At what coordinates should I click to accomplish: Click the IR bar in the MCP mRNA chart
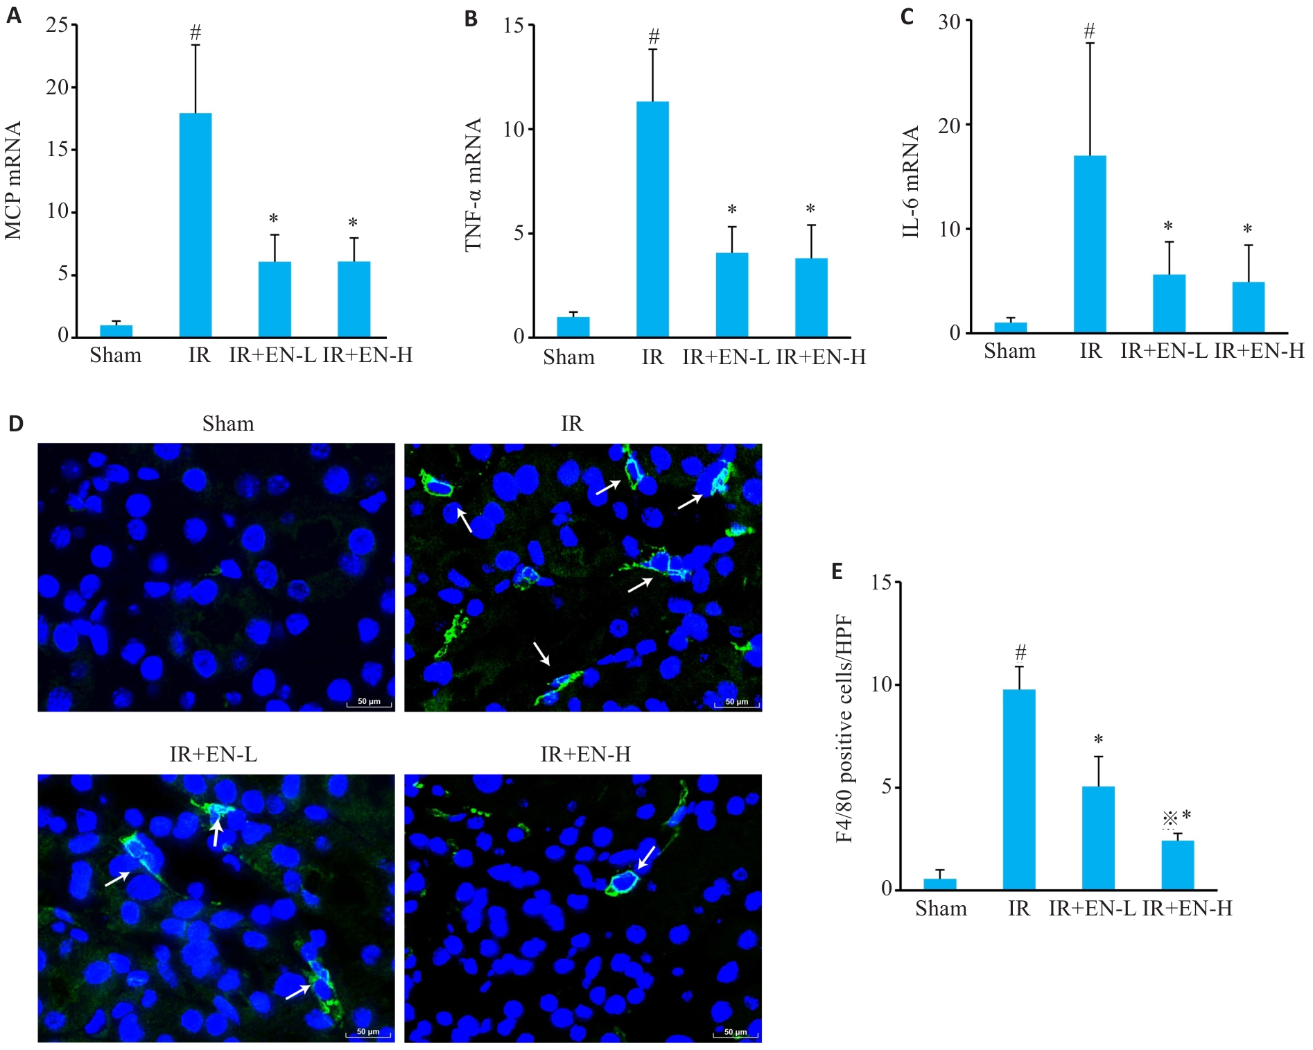tap(195, 225)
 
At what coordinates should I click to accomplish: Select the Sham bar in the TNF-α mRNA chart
tap(573, 327)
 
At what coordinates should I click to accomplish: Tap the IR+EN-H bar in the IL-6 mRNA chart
tap(1248, 307)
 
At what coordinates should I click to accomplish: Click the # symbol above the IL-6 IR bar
tap(1089, 31)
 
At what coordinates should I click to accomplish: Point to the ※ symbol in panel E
tap(1170, 819)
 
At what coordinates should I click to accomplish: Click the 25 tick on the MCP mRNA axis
tap(58, 26)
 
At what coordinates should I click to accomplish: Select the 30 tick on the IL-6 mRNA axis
tap(950, 22)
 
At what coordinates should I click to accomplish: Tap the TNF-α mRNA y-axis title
tap(473, 184)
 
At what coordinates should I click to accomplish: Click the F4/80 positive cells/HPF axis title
tap(844, 728)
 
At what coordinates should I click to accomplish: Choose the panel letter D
tap(15, 424)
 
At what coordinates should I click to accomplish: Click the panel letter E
tap(837, 571)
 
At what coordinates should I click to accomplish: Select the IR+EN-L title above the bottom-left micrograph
tap(214, 755)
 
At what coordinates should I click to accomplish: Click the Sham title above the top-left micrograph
tap(228, 424)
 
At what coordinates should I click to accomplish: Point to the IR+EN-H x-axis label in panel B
tap(821, 357)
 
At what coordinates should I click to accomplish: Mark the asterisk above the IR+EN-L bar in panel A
tap(274, 219)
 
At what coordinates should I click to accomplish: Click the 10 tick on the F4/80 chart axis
tap(881, 685)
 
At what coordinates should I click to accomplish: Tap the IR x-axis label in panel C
tap(1090, 351)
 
